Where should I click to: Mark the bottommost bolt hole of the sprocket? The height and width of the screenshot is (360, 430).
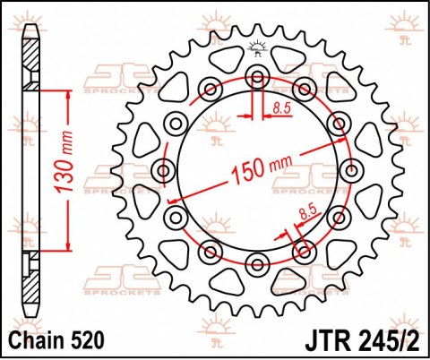pyautogui.click(x=258, y=262)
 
